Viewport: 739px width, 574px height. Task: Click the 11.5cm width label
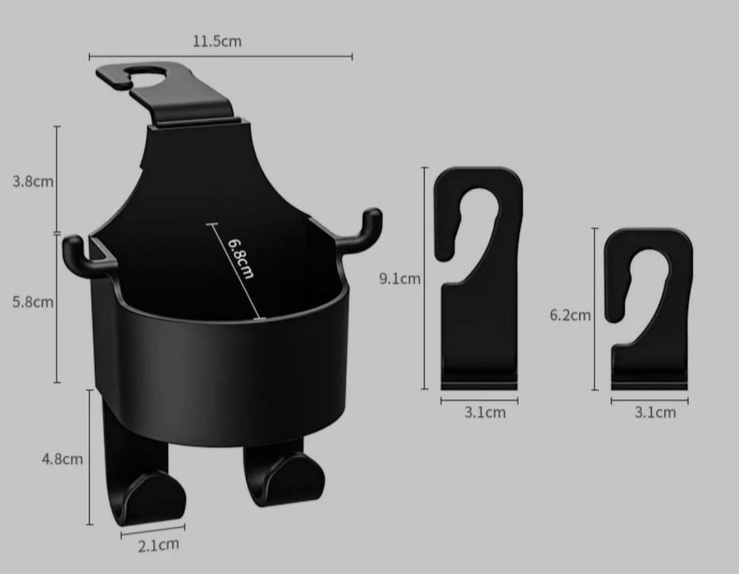[x=217, y=41]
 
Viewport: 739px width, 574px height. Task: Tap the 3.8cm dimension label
[x=33, y=182]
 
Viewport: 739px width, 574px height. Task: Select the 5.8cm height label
[x=33, y=302]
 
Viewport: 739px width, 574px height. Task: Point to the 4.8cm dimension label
[x=62, y=459]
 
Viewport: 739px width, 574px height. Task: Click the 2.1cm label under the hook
[x=158, y=545]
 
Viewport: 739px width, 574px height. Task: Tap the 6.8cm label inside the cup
[x=241, y=258]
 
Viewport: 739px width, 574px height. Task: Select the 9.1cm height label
[x=400, y=279]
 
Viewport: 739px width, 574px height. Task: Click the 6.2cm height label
[x=570, y=314]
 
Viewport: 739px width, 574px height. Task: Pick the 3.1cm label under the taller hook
[x=485, y=412]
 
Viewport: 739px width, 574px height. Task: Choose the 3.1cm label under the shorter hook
[x=655, y=412]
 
